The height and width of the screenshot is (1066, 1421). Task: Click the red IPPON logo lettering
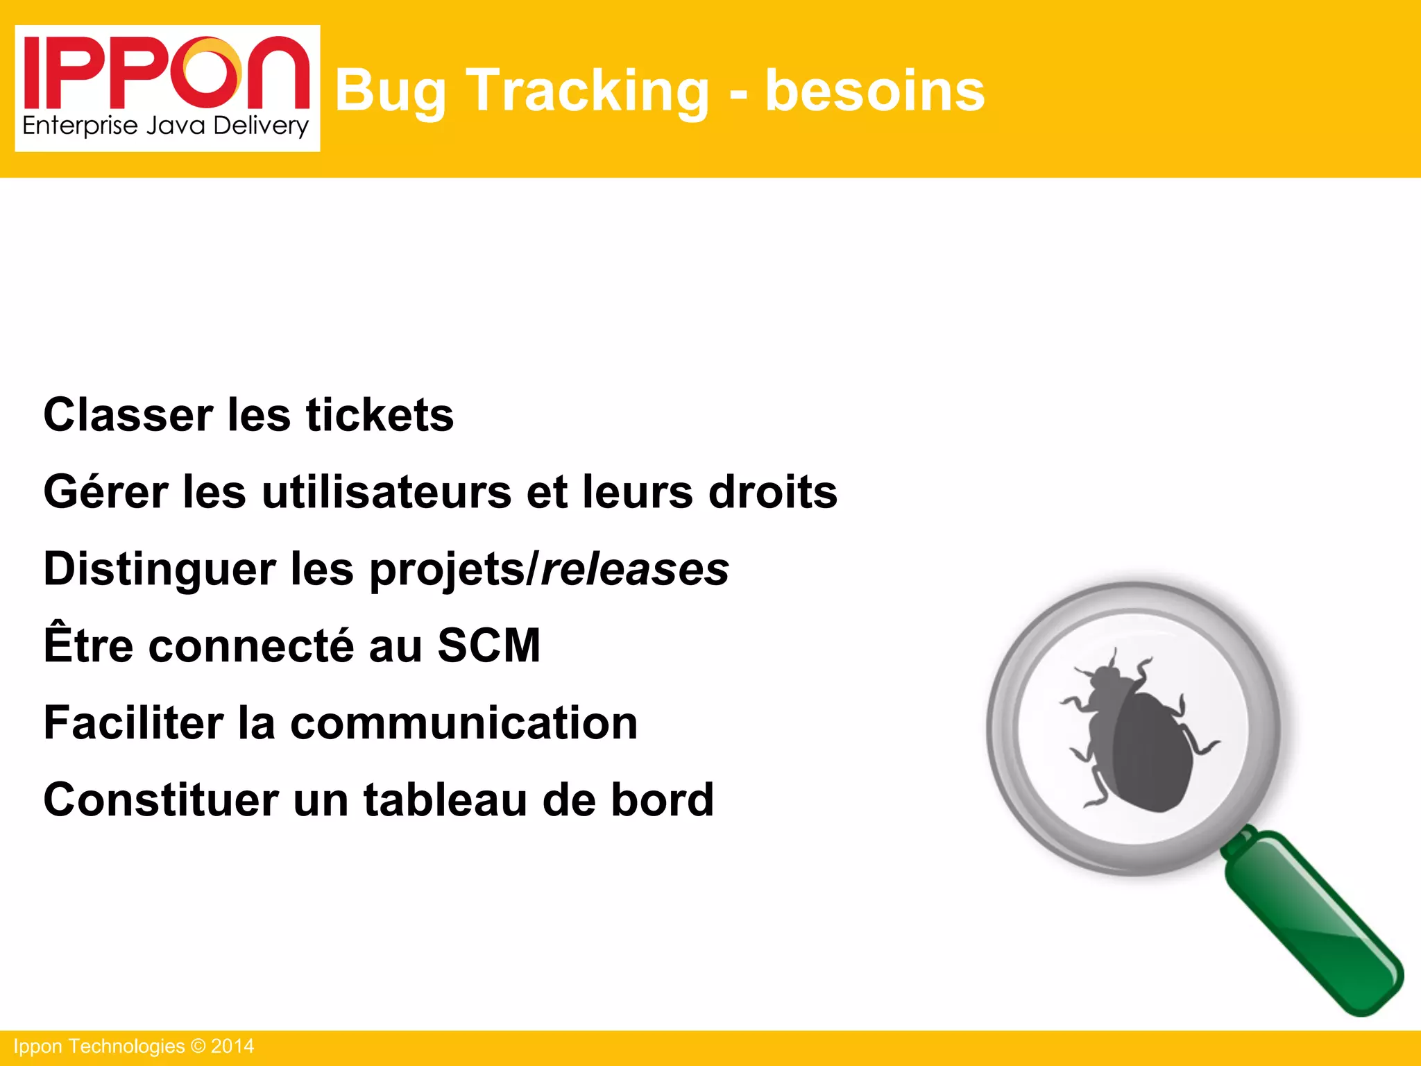pos(167,74)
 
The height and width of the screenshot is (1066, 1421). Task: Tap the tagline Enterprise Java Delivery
pos(166,126)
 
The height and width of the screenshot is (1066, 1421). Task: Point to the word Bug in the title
pos(391,91)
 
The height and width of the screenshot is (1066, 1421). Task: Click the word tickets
pos(380,415)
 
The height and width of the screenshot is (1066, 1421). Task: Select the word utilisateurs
pos(386,492)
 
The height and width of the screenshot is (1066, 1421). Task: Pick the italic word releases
pos(635,569)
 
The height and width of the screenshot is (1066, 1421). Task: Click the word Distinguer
pos(160,569)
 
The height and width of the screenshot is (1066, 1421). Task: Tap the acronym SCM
pos(488,645)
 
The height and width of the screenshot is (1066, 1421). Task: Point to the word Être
pos(88,645)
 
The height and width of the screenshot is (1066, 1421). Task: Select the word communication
pos(463,722)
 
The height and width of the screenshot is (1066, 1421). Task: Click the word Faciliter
pos(132,722)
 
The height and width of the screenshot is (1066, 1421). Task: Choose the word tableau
pos(445,799)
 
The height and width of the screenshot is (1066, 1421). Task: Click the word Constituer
pos(161,799)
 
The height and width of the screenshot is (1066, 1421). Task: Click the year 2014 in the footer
pos(232,1047)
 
